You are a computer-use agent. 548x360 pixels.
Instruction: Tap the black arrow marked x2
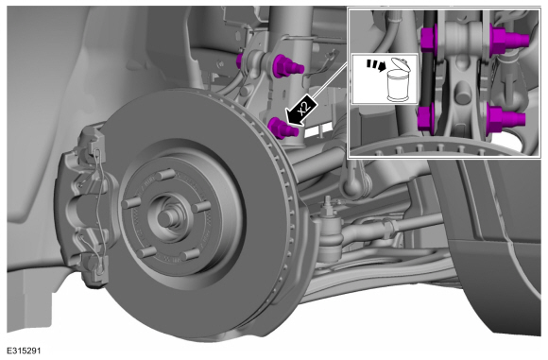(300, 110)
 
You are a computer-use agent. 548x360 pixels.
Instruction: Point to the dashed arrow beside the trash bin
(375, 64)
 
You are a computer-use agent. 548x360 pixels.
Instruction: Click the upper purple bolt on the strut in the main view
(287, 66)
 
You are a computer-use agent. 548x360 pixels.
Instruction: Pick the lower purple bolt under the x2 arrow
(283, 129)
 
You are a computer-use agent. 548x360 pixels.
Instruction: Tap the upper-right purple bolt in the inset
(507, 39)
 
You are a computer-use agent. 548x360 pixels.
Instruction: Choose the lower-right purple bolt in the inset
(505, 120)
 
